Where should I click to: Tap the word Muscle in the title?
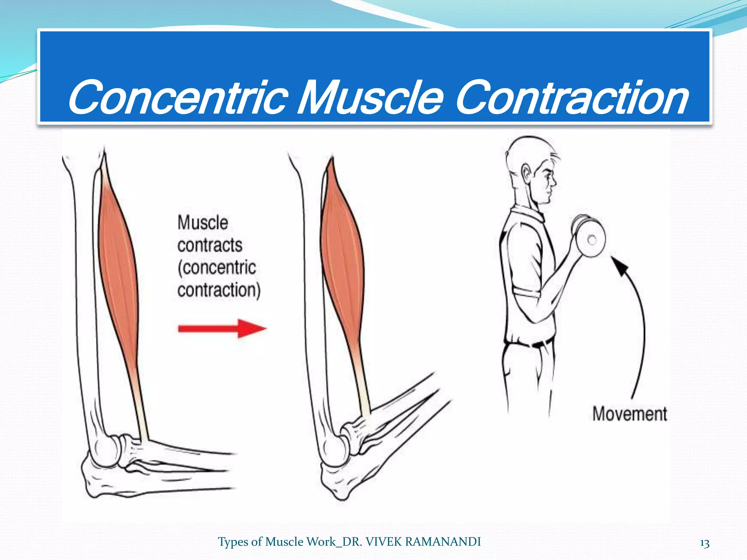[371, 98]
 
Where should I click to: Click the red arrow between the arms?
[222, 328]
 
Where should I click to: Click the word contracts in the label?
[210, 245]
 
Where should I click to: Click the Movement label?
[630, 414]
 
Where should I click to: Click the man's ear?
[526, 174]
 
